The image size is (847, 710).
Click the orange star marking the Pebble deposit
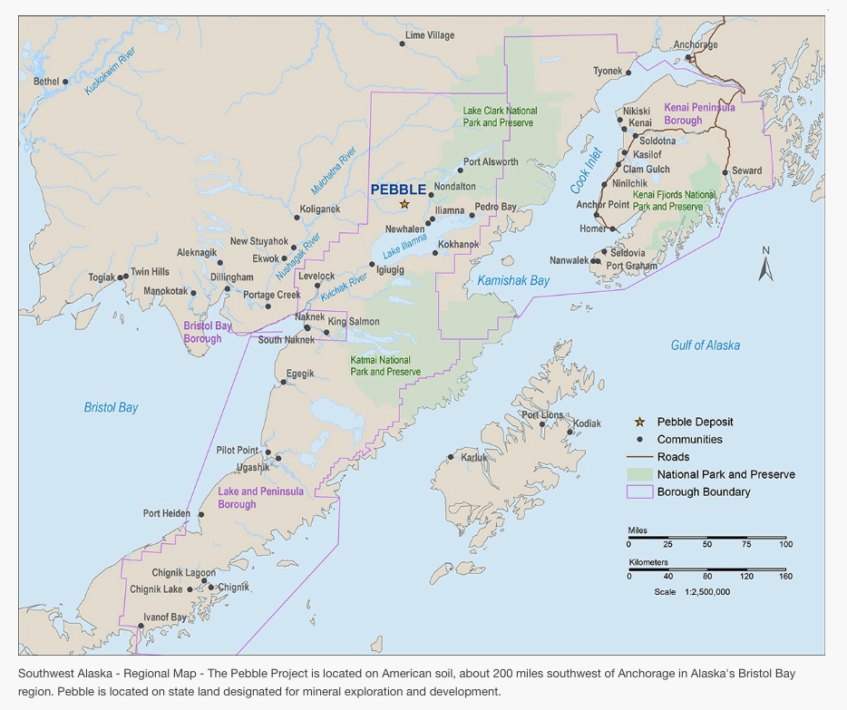coord(404,204)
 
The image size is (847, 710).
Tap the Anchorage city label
coord(696,45)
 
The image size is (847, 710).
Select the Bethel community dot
coord(65,82)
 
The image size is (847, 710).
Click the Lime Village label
coord(430,35)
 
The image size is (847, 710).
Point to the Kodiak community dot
coord(570,432)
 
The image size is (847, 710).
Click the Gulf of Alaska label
coord(705,345)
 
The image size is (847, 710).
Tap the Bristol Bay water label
coord(111,408)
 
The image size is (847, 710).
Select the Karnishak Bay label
coord(513,281)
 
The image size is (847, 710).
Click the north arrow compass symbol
coord(765,265)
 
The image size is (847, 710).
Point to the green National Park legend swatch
coord(639,474)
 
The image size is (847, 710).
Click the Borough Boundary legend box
coord(639,492)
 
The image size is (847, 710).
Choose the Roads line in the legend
coord(639,457)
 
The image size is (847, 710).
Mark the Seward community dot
coord(725,172)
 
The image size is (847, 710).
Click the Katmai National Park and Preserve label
coord(385,365)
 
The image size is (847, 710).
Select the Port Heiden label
coord(167,513)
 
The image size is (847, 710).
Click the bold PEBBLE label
coord(398,190)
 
